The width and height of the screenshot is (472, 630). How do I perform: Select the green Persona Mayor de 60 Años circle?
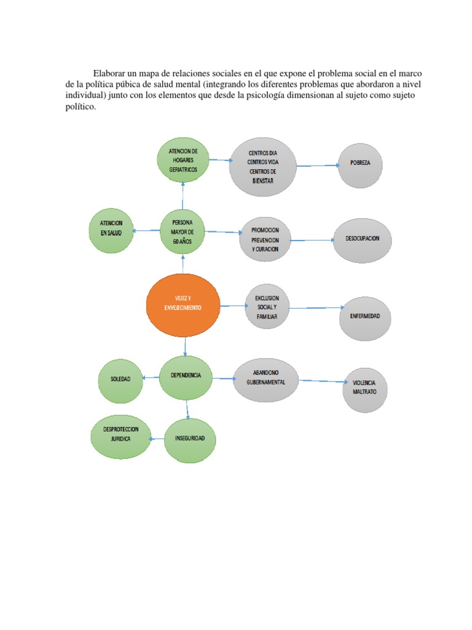point(182,232)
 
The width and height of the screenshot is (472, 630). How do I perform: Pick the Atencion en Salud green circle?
point(111,230)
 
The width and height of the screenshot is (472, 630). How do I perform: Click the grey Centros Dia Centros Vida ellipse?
point(262,166)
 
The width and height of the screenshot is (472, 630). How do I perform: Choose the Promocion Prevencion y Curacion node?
point(265,239)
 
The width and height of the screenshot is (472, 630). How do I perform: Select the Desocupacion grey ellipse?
point(363,239)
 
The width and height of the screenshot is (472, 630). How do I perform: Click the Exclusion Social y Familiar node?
point(267,306)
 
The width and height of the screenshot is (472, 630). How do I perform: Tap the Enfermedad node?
point(365,316)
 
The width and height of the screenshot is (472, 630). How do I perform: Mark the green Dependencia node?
point(185,376)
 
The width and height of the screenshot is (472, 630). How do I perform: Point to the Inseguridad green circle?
point(190,439)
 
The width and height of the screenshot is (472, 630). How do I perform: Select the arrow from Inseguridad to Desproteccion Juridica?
point(157,438)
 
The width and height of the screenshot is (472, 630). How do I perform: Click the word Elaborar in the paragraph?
point(111,74)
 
